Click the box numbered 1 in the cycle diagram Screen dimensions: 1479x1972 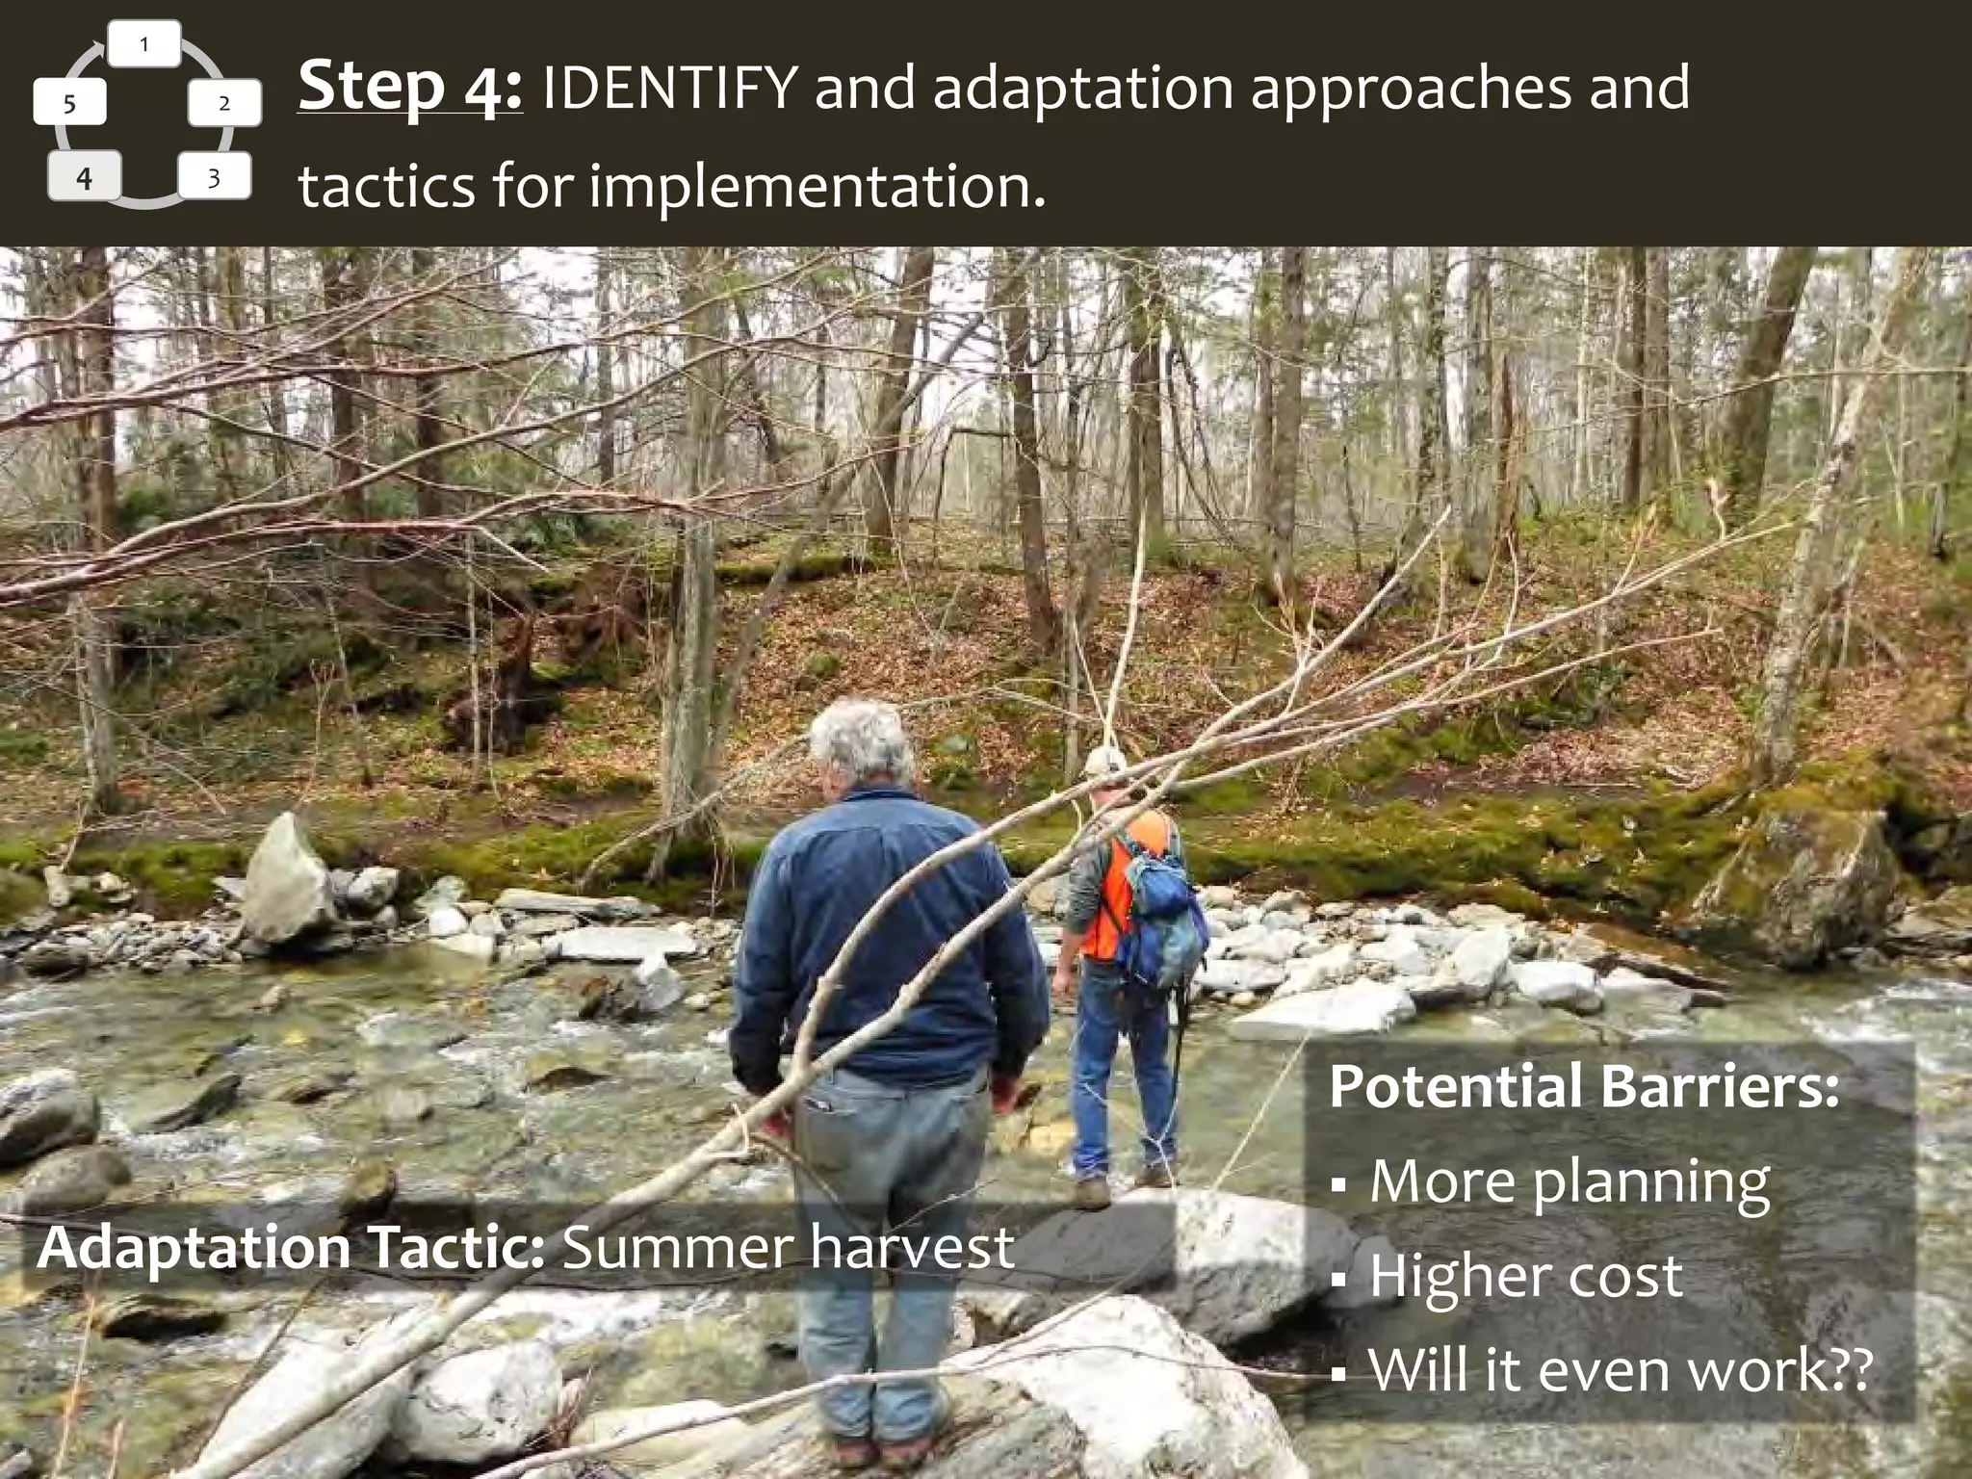pyautogui.click(x=144, y=44)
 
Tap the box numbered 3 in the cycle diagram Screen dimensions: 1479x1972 pyautogui.click(x=214, y=177)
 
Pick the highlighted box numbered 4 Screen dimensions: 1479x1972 pyautogui.click(x=84, y=177)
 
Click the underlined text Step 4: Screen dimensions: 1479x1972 pyautogui.click(x=409, y=87)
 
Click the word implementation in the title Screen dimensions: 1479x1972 pyautogui.click(x=815, y=186)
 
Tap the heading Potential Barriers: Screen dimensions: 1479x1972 pyautogui.click(x=1584, y=1086)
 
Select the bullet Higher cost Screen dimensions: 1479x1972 pyautogui.click(x=1525, y=1276)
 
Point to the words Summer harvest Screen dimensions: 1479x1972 pyautogui.click(x=788, y=1248)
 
